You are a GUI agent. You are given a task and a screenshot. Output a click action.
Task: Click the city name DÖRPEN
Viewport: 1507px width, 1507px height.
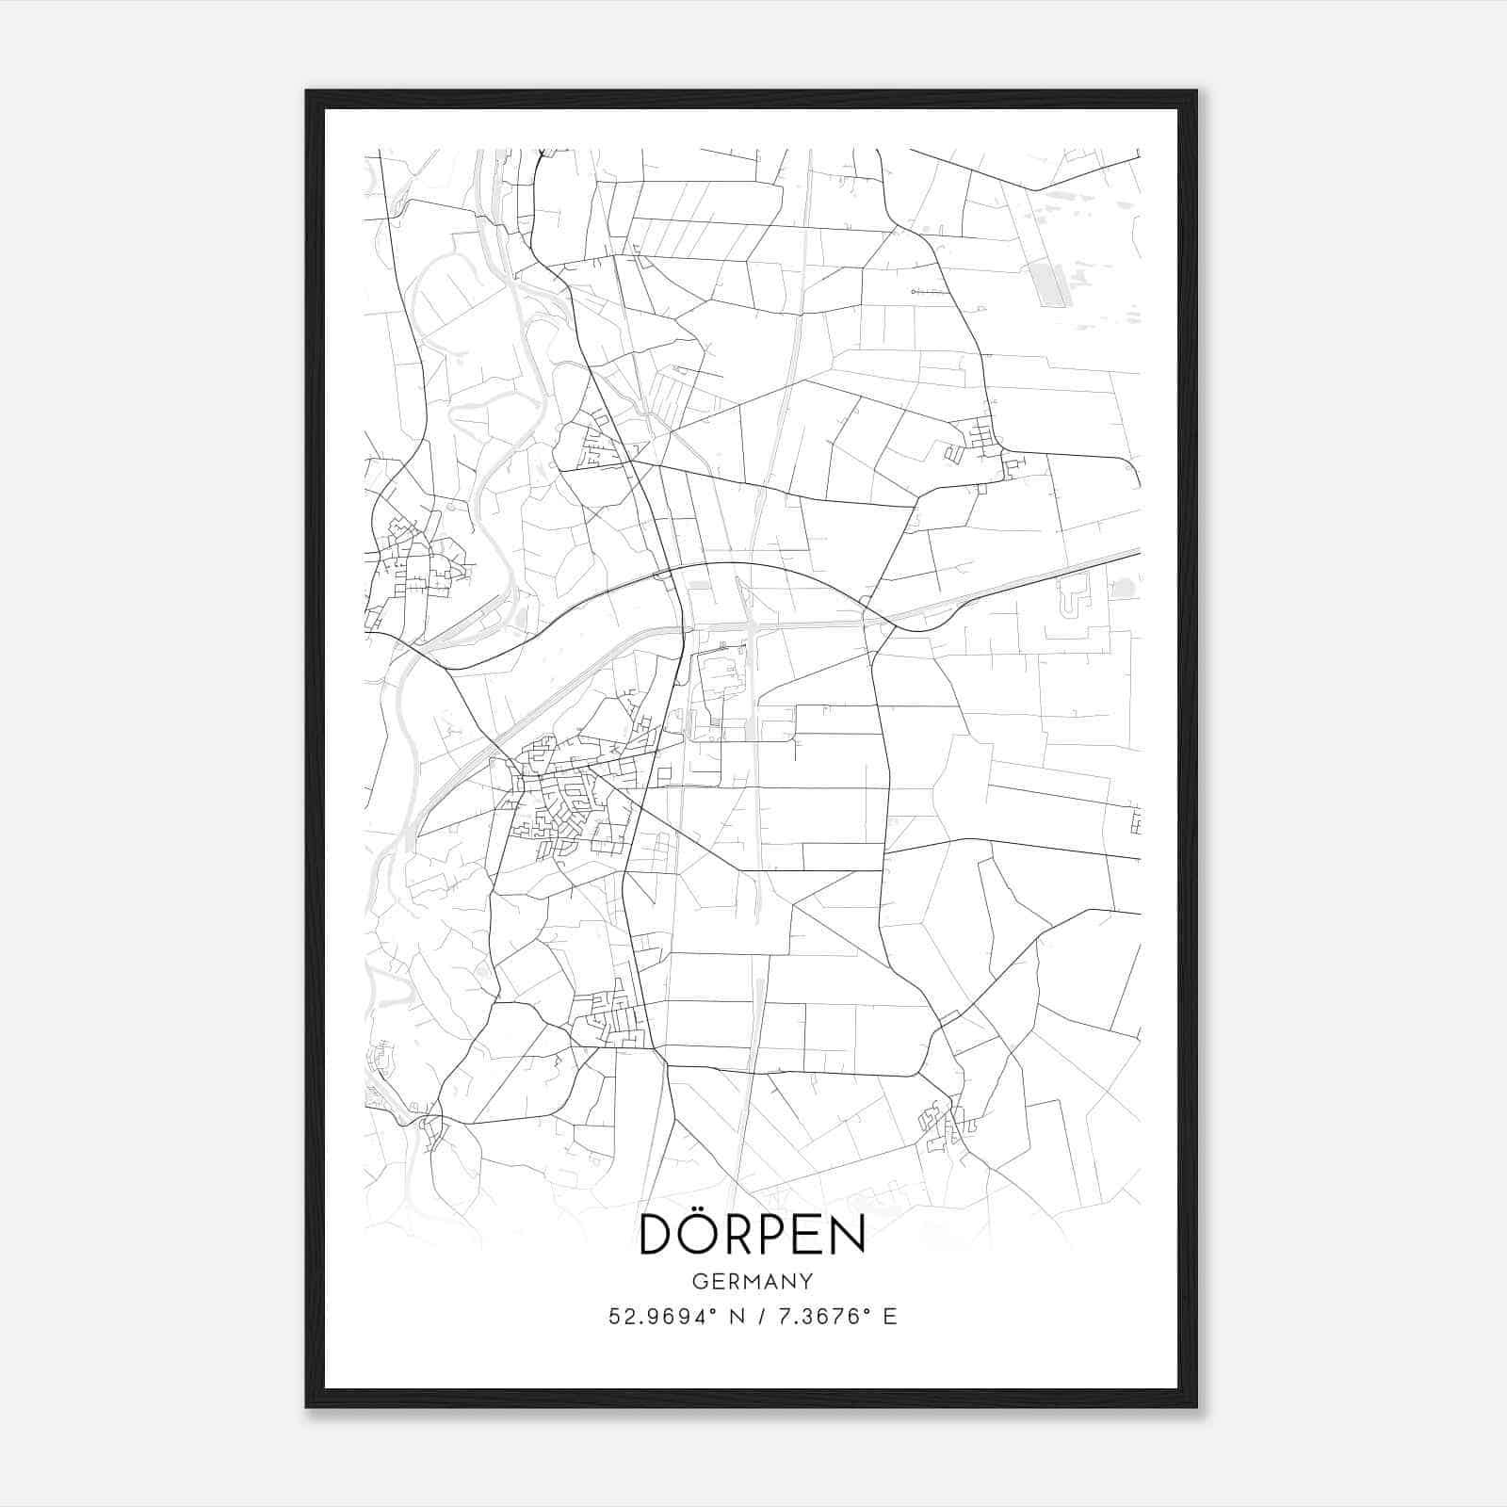tap(752, 1234)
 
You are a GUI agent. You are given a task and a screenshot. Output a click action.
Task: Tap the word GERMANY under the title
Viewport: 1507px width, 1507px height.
tap(752, 1282)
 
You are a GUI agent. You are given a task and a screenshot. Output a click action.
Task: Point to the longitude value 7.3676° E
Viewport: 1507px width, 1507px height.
tap(835, 1317)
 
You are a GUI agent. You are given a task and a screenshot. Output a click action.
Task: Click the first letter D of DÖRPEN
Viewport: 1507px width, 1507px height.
tap(656, 1235)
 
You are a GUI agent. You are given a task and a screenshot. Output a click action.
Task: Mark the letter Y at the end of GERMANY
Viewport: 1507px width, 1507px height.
tap(806, 1282)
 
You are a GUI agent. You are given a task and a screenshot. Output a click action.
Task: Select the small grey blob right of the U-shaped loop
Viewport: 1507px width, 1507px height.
tap(1123, 590)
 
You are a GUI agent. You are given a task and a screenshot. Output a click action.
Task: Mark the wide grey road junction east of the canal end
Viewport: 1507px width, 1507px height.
tap(752, 625)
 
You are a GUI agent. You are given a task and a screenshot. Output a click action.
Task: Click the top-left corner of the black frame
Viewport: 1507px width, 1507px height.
tap(307, 91)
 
